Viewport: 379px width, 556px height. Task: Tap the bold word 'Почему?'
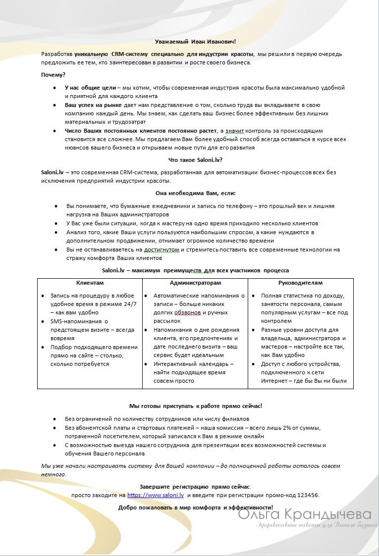coord(53,75)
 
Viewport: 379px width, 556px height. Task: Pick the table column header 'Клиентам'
coord(90,283)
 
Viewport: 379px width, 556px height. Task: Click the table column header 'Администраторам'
coord(195,283)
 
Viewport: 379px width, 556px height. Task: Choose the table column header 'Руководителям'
coord(300,283)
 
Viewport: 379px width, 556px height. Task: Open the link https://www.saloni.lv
coord(156,495)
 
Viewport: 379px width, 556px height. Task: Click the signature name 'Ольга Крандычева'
coord(305,515)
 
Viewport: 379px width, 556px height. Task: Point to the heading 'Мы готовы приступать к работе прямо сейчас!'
coord(196,405)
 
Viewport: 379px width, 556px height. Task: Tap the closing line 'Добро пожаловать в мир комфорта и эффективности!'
coord(196,507)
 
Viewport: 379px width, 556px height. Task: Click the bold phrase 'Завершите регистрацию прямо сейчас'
coord(194,486)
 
